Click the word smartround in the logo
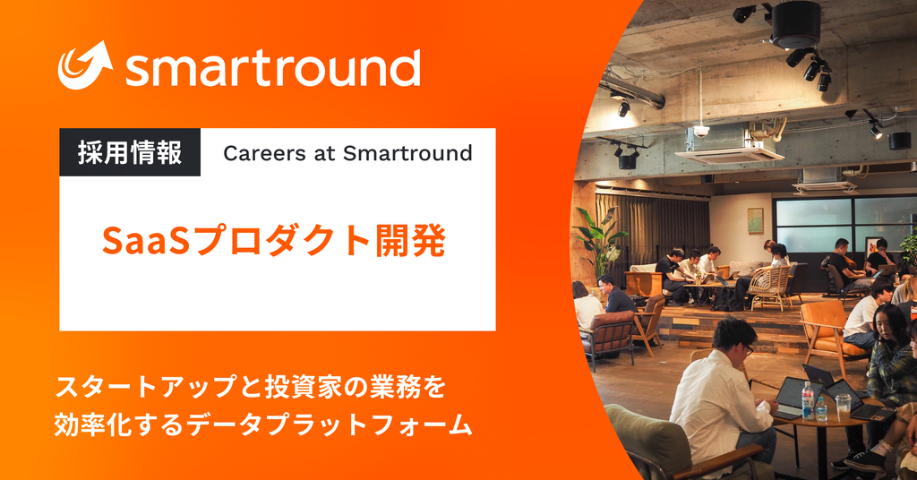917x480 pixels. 272,68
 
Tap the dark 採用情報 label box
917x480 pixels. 130,153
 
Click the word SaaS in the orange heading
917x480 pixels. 147,241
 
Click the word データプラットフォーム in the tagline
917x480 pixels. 350,424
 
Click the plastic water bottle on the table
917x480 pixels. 808,399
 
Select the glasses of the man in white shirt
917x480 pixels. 746,347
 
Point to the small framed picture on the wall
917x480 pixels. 755,219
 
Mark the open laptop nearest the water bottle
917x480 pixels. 789,395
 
